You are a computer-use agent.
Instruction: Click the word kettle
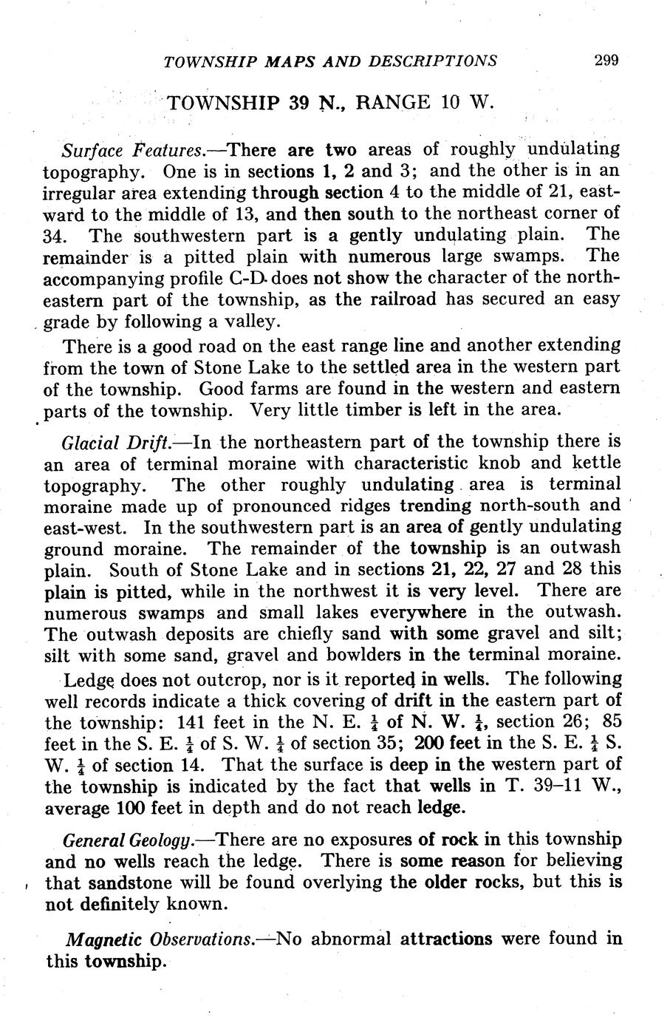pyautogui.click(x=592, y=464)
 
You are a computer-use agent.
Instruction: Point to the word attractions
pyautogui.click(x=445, y=939)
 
